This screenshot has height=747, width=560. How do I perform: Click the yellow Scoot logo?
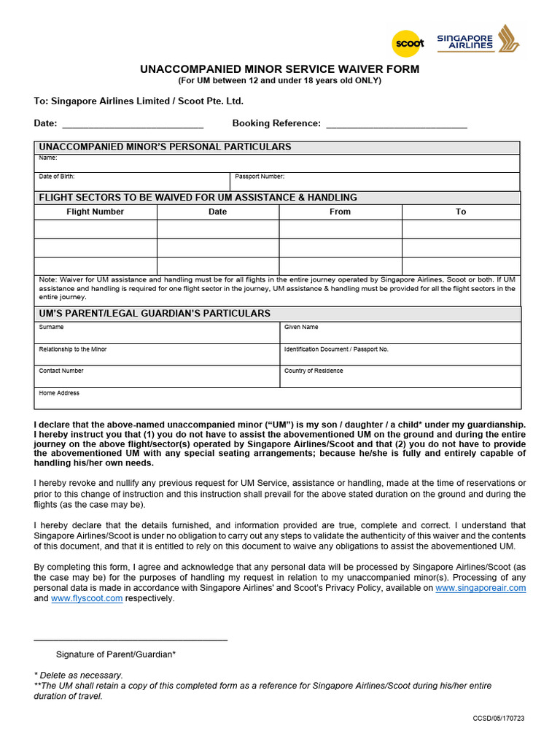click(x=408, y=43)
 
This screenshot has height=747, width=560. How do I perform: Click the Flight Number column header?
click(x=96, y=212)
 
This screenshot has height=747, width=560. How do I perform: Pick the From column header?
click(x=340, y=212)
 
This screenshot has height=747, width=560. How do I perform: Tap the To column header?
click(x=461, y=212)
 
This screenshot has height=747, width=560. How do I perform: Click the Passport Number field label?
click(x=260, y=177)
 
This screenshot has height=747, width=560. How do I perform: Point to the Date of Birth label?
click(x=57, y=177)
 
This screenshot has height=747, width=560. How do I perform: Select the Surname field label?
click(x=51, y=328)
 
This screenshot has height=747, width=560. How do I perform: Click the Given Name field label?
click(x=301, y=328)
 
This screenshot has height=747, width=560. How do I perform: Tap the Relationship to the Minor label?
click(x=73, y=349)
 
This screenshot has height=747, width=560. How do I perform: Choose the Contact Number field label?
click(x=61, y=371)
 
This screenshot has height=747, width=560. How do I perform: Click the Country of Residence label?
click(x=314, y=371)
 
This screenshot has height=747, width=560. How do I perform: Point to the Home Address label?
click(x=59, y=393)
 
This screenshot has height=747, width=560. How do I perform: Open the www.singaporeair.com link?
click(x=481, y=588)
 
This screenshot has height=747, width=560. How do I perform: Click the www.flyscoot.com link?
click(x=87, y=599)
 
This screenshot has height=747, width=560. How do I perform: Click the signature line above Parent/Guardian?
click(x=131, y=640)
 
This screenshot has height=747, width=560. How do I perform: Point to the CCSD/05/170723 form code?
click(x=498, y=719)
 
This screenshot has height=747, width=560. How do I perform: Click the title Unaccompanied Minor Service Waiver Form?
click(x=280, y=69)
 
